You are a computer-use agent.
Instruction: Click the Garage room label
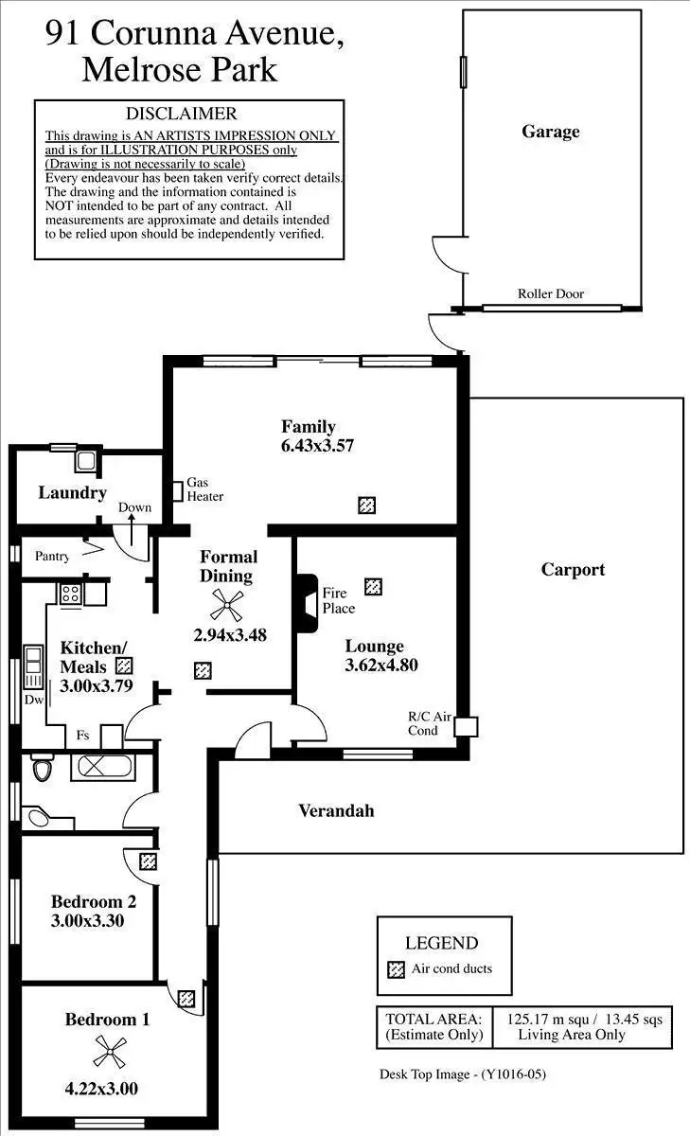550,132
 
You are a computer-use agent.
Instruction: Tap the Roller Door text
550,293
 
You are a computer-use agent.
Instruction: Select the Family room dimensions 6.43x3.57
317,446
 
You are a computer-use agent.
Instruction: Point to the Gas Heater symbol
177,491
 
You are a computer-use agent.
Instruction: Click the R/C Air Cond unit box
466,726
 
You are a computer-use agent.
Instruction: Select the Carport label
573,570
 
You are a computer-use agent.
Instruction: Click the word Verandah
336,810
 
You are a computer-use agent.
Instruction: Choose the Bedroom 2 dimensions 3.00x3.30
87,920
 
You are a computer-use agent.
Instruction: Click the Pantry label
52,556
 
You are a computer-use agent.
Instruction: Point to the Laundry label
72,492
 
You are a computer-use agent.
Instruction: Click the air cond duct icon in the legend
397,969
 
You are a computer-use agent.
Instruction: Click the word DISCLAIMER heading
182,114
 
